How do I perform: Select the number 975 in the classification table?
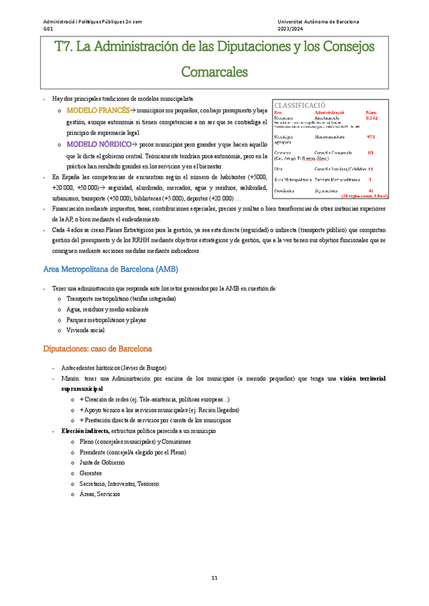point(370,136)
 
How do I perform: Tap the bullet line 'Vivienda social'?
point(85,330)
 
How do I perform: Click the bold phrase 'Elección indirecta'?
point(84,432)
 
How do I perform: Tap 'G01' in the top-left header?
point(48,29)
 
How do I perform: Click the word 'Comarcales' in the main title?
point(214,72)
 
